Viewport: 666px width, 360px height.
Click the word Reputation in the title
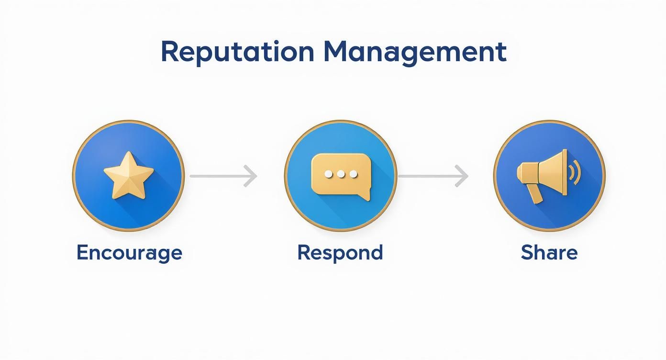(237, 52)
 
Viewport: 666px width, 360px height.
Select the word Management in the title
(414, 52)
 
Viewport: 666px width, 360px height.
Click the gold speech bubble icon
(341, 175)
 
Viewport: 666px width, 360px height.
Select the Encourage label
(129, 252)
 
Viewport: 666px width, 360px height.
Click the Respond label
(340, 252)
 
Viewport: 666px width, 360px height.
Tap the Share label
(549, 252)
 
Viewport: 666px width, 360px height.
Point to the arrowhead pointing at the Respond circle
(251, 176)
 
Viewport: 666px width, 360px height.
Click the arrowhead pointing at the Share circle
(462, 176)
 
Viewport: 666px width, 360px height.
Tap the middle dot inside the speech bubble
(341, 174)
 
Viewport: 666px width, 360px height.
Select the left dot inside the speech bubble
(329, 174)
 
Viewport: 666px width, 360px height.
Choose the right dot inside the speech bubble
(353, 174)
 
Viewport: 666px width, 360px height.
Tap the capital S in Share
(527, 252)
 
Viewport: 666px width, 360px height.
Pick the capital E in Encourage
(82, 252)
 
